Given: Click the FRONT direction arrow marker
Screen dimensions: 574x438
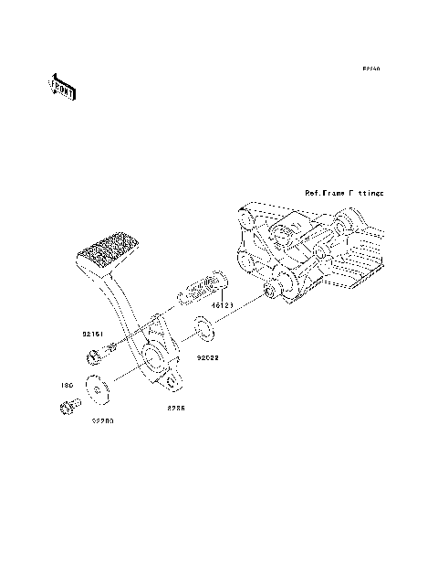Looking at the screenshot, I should [x=62, y=88].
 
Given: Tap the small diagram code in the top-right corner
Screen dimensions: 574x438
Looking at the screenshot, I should [x=369, y=69].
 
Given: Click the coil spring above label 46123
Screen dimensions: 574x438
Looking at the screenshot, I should [x=203, y=287].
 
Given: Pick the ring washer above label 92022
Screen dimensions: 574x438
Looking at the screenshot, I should [x=204, y=327].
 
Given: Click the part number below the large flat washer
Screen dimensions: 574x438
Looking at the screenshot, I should [x=102, y=423].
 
